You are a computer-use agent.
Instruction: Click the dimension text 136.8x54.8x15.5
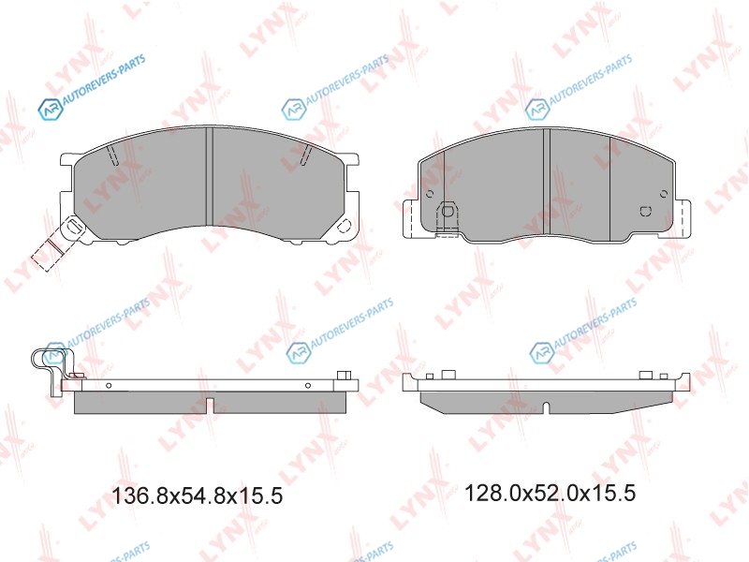(x=197, y=495)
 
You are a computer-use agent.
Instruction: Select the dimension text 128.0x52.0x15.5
(x=550, y=493)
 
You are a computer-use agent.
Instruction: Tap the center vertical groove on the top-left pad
(x=209, y=176)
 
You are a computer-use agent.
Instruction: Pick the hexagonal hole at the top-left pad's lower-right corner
(x=344, y=226)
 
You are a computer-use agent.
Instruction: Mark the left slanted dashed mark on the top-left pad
(x=112, y=155)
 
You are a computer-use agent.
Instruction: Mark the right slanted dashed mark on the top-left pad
(x=307, y=155)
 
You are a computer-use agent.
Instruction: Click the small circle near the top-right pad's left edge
(x=429, y=194)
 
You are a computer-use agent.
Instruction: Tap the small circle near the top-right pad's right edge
(x=664, y=194)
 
